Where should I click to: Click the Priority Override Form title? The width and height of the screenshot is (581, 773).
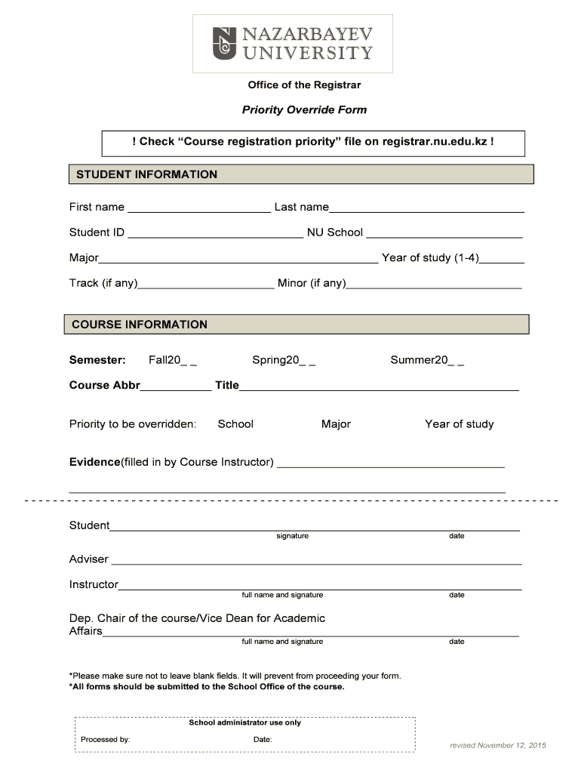click(x=304, y=109)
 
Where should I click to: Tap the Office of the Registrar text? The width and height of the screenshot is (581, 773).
click(x=305, y=85)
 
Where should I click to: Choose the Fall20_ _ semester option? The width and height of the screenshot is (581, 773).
click(x=173, y=360)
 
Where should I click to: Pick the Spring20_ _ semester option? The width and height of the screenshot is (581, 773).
click(x=284, y=360)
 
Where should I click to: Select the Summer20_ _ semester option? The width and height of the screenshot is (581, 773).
click(x=427, y=360)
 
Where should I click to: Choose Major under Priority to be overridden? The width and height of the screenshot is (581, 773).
click(x=336, y=424)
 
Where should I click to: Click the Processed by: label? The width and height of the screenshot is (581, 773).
click(x=106, y=739)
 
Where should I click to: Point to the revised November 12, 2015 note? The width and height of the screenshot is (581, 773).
click(x=498, y=745)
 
